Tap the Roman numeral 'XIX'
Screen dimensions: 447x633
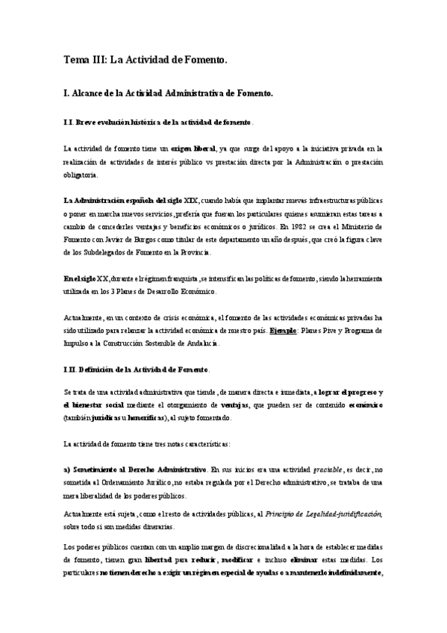pos(192,201)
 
